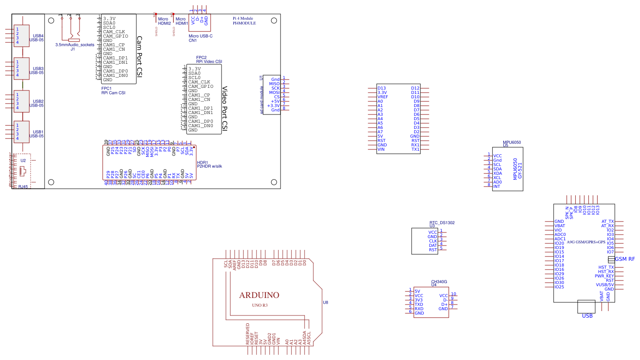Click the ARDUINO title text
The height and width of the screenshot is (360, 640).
259,295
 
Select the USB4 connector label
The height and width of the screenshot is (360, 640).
38,36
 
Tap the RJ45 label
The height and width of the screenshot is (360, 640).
23,187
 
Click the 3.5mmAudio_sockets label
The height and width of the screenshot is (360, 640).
75,45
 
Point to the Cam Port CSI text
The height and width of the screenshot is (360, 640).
139,57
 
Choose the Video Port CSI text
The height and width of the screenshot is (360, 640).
225,108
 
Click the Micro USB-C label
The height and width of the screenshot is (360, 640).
201,36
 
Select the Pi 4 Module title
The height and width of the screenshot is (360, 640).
243,19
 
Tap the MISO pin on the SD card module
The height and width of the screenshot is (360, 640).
274,84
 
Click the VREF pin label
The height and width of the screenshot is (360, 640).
383,97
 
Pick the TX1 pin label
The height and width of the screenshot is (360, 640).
415,149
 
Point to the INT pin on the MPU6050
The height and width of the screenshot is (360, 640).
497,187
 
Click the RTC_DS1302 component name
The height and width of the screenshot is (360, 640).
442,223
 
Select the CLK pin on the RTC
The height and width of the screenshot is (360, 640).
433,241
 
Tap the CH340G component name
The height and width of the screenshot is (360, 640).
439,282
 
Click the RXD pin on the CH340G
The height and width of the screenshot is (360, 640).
419,309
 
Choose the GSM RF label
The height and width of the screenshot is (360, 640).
625,259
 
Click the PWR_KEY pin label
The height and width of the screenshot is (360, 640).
604,276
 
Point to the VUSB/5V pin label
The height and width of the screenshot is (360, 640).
605,285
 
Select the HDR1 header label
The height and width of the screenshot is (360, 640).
203,163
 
